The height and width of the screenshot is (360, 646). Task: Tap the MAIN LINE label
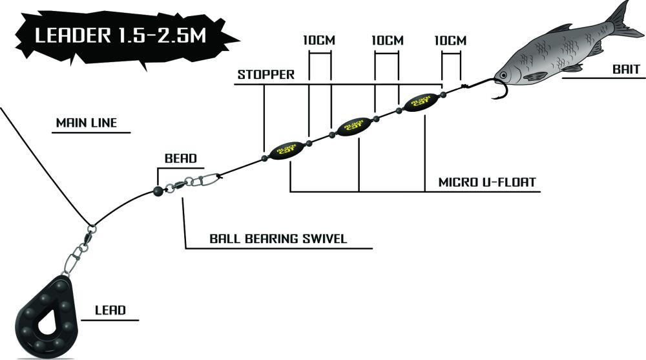point(87,123)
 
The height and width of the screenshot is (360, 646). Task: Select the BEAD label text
point(180,158)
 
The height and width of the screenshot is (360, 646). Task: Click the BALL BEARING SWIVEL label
point(278,238)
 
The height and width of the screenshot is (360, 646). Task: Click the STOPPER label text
point(266,74)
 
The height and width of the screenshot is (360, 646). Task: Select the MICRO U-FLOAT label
point(486,182)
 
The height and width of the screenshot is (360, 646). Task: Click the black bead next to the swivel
point(157,190)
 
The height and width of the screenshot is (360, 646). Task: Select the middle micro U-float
point(353,125)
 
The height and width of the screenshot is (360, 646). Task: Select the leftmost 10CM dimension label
point(319,40)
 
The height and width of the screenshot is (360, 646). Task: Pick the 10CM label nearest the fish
point(450,40)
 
